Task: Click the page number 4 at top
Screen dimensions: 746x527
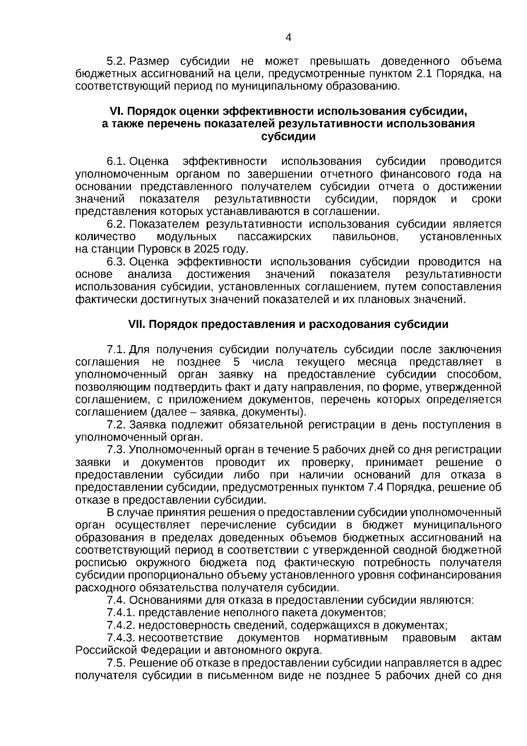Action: click(288, 38)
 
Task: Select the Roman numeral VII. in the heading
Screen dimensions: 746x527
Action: click(137, 324)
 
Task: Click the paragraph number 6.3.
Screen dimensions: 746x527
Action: click(117, 262)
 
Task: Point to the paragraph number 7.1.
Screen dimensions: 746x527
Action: click(117, 350)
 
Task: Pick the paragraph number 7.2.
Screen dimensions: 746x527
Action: click(117, 425)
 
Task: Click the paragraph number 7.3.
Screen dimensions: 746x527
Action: click(117, 450)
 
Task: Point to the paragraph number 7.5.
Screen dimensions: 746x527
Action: click(117, 663)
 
